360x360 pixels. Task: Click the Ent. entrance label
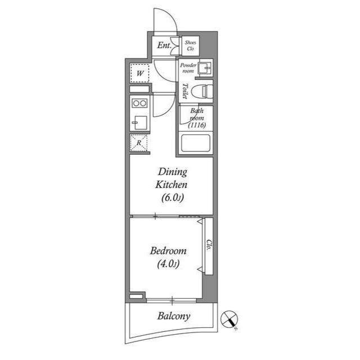pos(164,45)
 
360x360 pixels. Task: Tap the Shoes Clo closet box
pos(191,46)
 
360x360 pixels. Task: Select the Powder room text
pos(188,68)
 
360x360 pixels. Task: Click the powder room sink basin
pos(205,67)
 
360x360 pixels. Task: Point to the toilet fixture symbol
pos(202,92)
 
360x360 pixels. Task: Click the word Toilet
pos(184,91)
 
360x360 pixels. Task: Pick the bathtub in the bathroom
pos(196,143)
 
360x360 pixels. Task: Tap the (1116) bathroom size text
pos(197,125)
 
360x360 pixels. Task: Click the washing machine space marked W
pos(140,73)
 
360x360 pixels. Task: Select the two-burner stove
pos(139,103)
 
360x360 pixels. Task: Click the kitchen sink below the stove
pos(139,123)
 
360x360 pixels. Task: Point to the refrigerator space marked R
pos(139,143)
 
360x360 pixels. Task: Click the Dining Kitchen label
pos(172,178)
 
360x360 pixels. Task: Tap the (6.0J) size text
pos(173,197)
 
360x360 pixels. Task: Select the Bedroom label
pos(168,251)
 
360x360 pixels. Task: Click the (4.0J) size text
pos(168,264)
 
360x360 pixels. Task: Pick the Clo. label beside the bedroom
pos(209,245)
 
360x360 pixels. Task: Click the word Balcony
pos(174,316)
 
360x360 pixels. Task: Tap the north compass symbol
pos(229,319)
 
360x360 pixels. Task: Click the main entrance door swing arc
pos(172,16)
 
